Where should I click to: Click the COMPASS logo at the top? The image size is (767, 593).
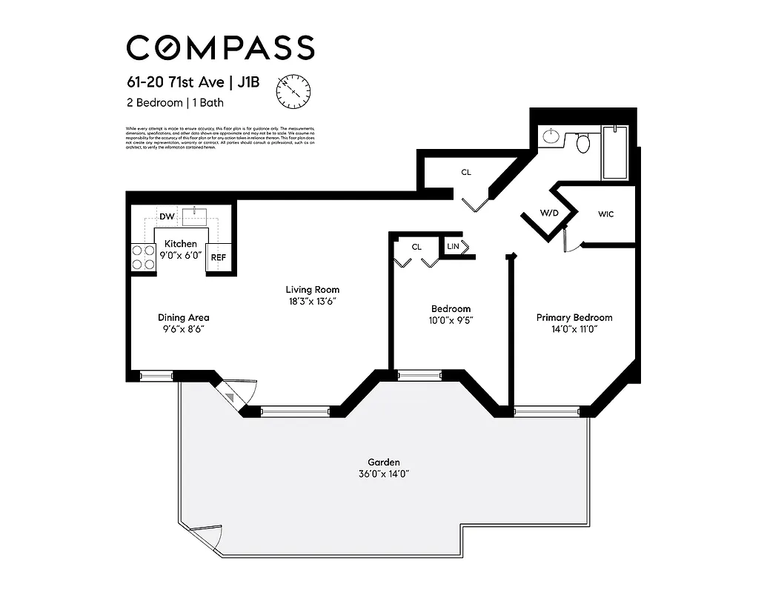pyautogui.click(x=220, y=47)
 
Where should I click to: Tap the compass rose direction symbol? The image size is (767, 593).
pyautogui.click(x=294, y=91)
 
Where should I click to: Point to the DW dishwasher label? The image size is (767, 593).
pyautogui.click(x=167, y=216)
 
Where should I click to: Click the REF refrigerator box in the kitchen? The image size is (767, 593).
pyautogui.click(x=218, y=257)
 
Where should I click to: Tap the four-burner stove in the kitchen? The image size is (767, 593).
pyautogui.click(x=142, y=256)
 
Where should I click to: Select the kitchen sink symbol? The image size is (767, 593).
pyautogui.click(x=194, y=216)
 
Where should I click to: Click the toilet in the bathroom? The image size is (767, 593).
pyautogui.click(x=583, y=142)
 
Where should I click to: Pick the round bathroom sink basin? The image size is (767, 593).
pyautogui.click(x=551, y=136)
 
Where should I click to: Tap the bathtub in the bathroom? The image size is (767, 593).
pyautogui.click(x=614, y=152)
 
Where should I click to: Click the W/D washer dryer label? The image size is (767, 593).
pyautogui.click(x=549, y=213)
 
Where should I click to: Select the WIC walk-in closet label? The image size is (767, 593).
pyautogui.click(x=606, y=214)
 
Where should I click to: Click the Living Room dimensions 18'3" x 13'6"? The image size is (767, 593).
pyautogui.click(x=313, y=302)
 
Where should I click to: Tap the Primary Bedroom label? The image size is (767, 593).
pyautogui.click(x=574, y=317)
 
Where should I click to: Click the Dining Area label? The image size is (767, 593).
pyautogui.click(x=183, y=317)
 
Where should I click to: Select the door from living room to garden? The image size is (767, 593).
pyautogui.click(x=237, y=391)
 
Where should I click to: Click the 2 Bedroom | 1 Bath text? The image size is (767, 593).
pyautogui.click(x=175, y=103)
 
